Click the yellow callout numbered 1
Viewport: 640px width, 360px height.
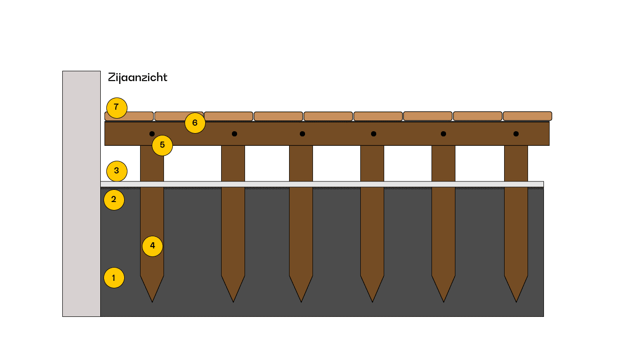[114, 277]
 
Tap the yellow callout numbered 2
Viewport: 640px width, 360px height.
[114, 200]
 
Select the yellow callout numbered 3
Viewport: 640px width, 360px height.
[117, 171]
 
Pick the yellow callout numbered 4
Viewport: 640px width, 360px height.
[152, 246]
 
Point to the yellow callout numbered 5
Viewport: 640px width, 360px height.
[162, 145]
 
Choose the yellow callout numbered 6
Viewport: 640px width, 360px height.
[195, 123]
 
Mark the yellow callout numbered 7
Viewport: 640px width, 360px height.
[117, 107]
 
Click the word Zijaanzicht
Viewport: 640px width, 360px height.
[137, 77]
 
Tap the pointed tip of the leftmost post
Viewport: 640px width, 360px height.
[152, 300]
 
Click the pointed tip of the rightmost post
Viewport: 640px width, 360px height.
[516, 300]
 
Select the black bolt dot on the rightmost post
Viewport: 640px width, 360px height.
[516, 134]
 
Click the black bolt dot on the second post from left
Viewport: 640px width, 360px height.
[234, 134]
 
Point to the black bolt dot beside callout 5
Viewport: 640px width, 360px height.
[152, 134]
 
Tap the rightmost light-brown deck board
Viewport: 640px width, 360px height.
[527, 116]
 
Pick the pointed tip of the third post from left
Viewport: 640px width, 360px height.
[301, 300]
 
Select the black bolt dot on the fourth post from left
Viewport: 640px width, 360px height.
[373, 134]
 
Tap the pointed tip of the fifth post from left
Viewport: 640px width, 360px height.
[444, 300]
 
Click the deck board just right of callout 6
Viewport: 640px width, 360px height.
[229, 116]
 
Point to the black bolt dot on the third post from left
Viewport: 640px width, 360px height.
[302, 134]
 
